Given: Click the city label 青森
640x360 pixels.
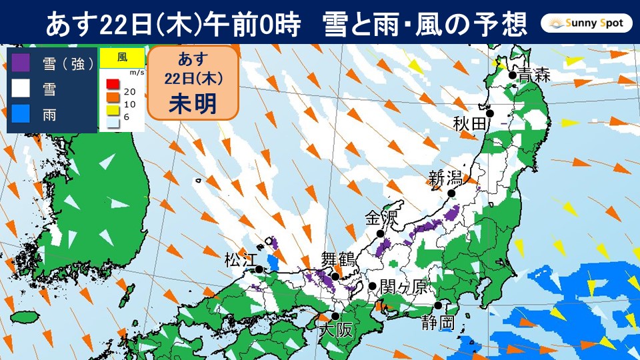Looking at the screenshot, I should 535,75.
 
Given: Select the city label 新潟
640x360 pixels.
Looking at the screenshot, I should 445,179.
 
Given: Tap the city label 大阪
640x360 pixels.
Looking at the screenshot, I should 335,329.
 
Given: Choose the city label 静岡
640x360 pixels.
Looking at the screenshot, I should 439,324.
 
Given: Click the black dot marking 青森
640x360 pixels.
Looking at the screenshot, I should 512,75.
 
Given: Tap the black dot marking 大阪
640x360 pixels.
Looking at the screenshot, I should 336,317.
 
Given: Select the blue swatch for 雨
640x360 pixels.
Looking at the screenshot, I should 22,114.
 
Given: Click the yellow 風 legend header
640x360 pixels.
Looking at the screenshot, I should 122,58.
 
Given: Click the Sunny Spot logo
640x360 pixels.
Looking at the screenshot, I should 586,24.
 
